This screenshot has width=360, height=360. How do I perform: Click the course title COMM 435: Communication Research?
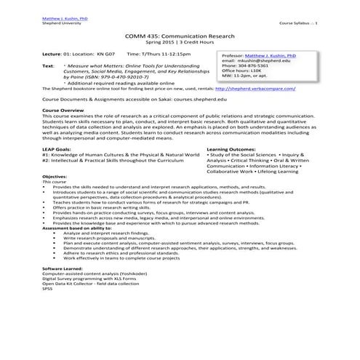pyautogui.click(x=180, y=36)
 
